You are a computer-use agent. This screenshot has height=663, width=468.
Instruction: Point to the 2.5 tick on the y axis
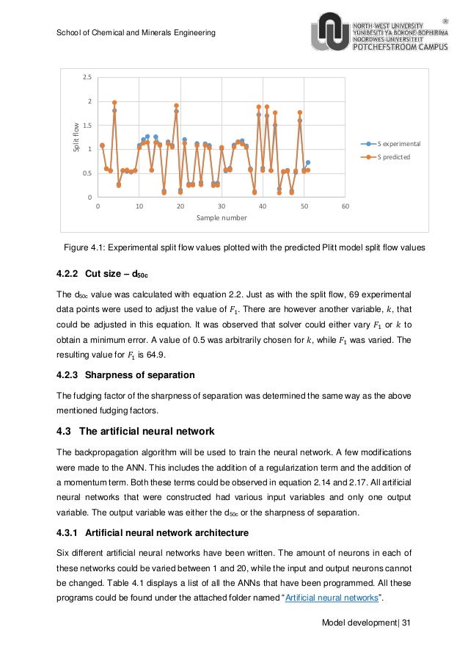pos(87,77)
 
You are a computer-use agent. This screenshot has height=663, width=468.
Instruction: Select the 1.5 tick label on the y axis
pos(87,126)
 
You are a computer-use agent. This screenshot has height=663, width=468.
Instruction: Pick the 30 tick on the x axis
pos(221,206)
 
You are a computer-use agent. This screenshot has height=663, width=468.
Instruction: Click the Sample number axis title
pos(221,219)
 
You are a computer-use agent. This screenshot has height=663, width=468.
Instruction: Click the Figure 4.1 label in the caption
pos(87,248)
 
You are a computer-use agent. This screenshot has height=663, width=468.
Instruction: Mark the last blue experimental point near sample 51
pos(308,162)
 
